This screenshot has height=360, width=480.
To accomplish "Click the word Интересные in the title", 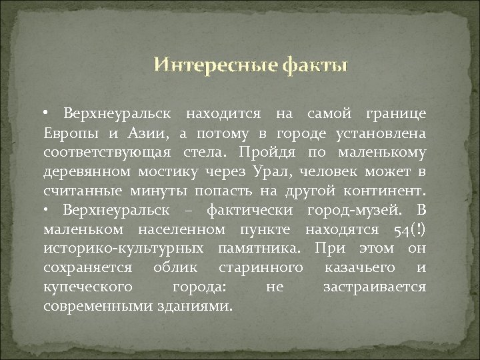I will pyautogui.click(x=206, y=65).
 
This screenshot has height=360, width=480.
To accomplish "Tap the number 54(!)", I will pyautogui.click(x=407, y=230).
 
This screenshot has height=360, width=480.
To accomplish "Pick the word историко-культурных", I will pyautogui.click(x=125, y=249).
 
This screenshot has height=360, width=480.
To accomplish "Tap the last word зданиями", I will pyautogui.click(x=200, y=307).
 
